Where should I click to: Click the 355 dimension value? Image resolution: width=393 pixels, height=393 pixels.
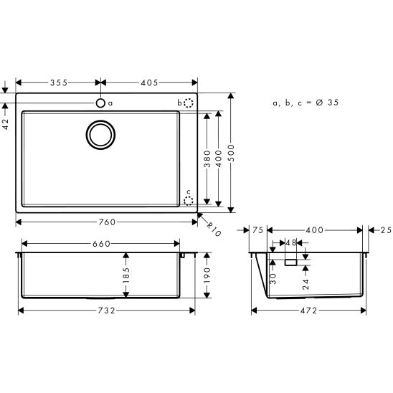[x=58, y=82]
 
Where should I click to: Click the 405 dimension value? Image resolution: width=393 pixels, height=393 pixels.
[x=148, y=82]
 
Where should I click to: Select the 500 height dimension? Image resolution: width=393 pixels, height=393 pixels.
[x=231, y=153]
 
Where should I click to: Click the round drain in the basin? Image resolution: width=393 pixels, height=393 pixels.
[x=101, y=134]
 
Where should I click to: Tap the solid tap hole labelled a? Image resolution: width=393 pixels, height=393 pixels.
[x=101, y=103]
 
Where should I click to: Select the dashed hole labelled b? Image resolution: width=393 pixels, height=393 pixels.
[x=189, y=103]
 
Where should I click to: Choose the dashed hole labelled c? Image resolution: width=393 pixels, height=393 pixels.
[x=189, y=201]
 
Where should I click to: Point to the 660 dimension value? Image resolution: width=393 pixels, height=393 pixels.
[x=101, y=244]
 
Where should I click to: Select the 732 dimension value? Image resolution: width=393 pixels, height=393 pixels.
[x=106, y=310]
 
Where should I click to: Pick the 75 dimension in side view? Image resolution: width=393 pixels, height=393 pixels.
[x=259, y=230]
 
